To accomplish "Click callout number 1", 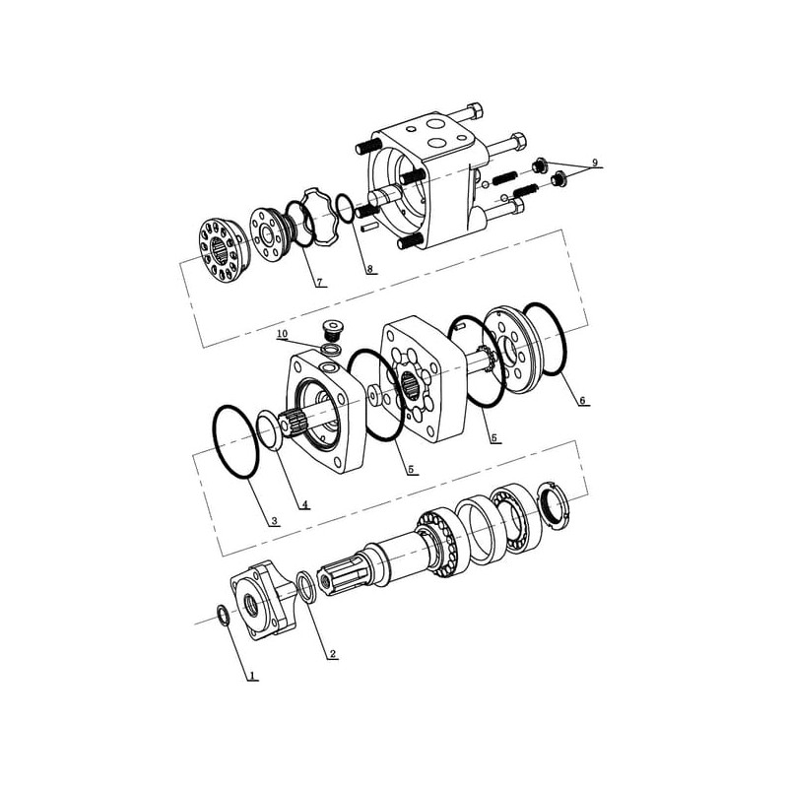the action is pyautogui.click(x=252, y=674).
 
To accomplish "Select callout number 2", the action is pyautogui.click(x=332, y=654).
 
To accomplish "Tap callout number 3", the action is pyautogui.click(x=274, y=521).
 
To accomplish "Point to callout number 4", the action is pyautogui.click(x=304, y=504).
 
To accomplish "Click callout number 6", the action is pyautogui.click(x=582, y=401).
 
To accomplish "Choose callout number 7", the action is pyautogui.click(x=320, y=282).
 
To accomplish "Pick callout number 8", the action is pyautogui.click(x=370, y=269).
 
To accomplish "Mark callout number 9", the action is pyautogui.click(x=595, y=163).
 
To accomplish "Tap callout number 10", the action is pyautogui.click(x=282, y=334).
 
